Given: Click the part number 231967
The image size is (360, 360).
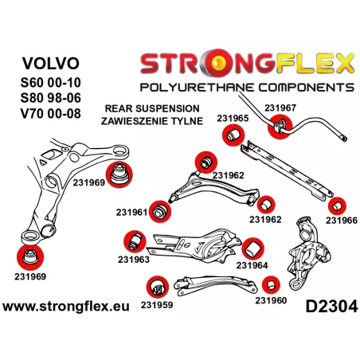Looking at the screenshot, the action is click(280, 108).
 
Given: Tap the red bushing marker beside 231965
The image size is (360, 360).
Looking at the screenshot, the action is click(233, 135).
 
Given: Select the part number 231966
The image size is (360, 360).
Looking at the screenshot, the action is click(342, 221).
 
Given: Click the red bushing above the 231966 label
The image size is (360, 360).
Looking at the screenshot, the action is click(337, 206).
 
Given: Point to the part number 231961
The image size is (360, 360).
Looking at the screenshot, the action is click(131, 213).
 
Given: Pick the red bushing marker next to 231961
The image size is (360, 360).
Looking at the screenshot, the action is click(160, 212).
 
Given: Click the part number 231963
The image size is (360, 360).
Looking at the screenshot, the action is click(134, 260).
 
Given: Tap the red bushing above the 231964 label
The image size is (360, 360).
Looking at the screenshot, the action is click(252, 248).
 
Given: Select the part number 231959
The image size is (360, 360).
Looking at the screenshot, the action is click(157, 305).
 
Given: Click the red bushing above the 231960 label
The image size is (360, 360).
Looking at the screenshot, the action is click(271, 285).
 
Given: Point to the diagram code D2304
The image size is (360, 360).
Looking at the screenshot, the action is click(331, 307).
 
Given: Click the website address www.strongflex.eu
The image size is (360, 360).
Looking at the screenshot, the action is click(66, 307).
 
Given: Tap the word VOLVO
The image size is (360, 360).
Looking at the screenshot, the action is click(51, 63).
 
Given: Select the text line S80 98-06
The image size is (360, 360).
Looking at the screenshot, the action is click(51, 98).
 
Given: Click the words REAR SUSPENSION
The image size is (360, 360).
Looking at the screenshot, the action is click(152, 108).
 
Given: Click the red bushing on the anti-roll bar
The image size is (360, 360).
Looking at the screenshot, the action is click(280, 127).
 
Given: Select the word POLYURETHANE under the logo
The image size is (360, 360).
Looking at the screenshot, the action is click(198, 88).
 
